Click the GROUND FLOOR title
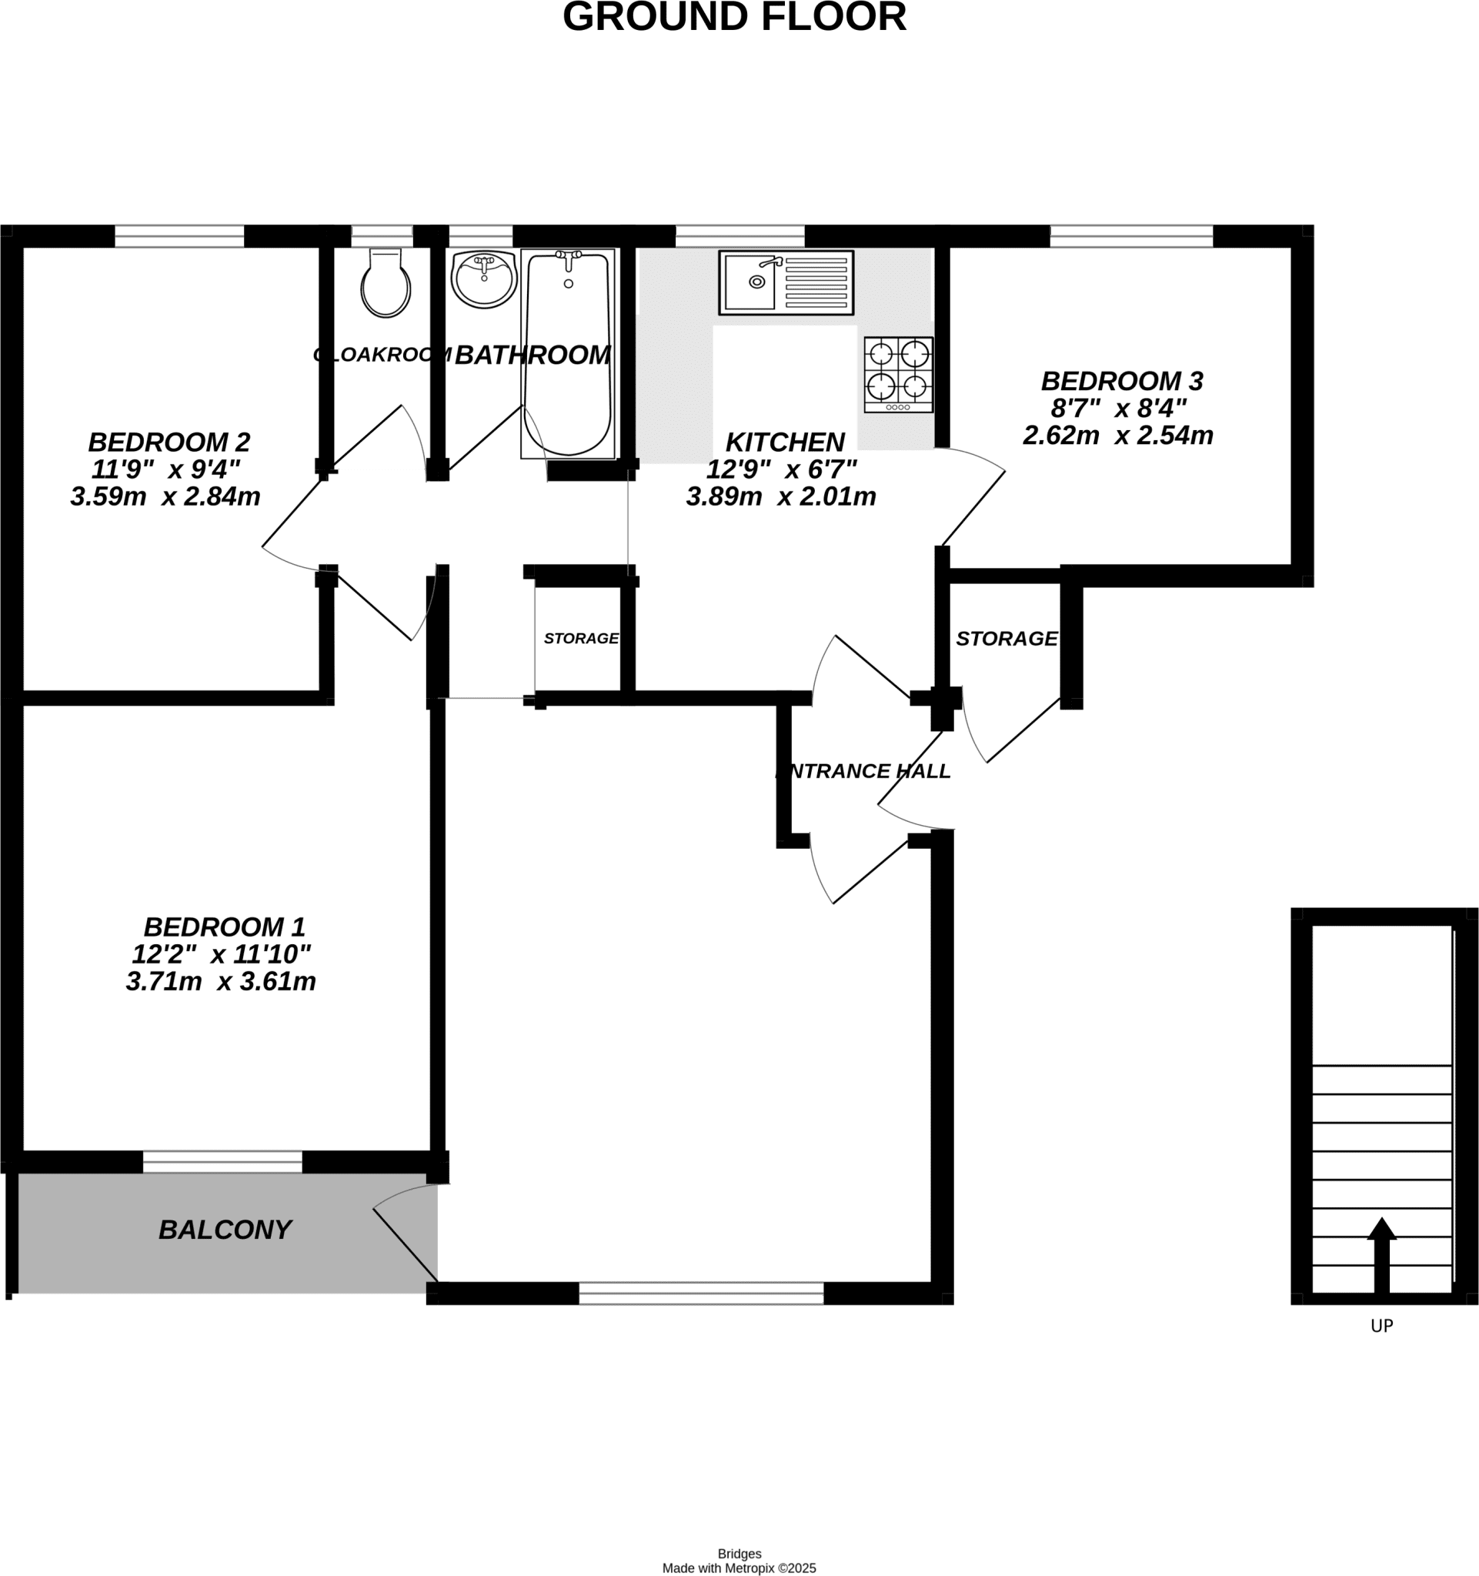coord(734,17)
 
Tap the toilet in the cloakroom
coord(386,282)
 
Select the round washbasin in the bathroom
coord(484,280)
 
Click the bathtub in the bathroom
coord(567,353)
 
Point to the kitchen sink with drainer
coord(786,282)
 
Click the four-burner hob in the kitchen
coord(899,375)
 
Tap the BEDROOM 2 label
coord(169,442)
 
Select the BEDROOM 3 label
coord(1121,382)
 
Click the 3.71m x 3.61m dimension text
coord(221,981)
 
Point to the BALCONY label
coord(225,1230)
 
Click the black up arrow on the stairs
coord(1381,1256)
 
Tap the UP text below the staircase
coord(1381,1325)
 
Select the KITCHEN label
coord(785,442)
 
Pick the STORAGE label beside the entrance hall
coord(1007,638)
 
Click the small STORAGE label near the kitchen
coord(581,638)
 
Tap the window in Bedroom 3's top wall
coord(1132,236)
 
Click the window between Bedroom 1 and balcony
coord(222,1162)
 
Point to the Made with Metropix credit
coord(739,1568)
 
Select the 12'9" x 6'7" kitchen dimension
coord(782,469)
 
